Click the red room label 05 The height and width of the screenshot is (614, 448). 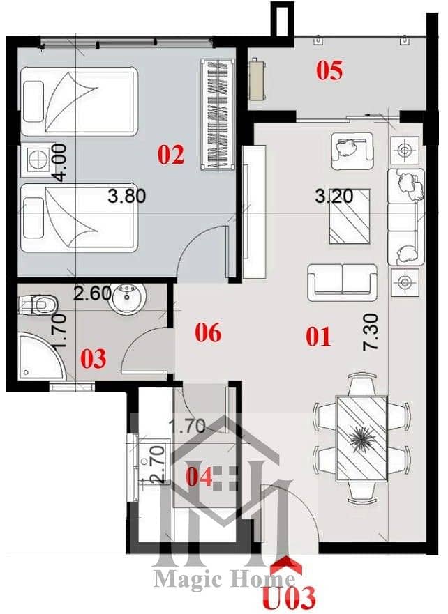click(x=329, y=71)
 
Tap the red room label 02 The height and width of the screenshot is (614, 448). click(x=171, y=155)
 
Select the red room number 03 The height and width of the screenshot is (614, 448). click(x=94, y=359)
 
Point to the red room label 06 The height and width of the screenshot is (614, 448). click(x=208, y=332)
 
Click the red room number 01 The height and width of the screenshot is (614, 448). click(x=318, y=337)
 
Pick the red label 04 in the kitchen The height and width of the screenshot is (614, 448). click(x=199, y=477)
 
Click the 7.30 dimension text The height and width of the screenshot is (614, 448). click(x=371, y=332)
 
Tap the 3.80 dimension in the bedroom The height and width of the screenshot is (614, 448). click(x=126, y=196)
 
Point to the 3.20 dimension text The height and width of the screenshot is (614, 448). click(x=334, y=196)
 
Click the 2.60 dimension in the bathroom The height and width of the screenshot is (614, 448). click(x=93, y=293)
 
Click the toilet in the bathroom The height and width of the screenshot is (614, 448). click(x=38, y=305)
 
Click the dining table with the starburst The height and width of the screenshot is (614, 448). click(x=361, y=438)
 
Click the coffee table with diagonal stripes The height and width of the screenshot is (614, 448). click(x=350, y=217)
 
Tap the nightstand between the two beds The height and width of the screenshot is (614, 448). click(x=36, y=160)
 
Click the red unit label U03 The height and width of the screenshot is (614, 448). click(x=290, y=597)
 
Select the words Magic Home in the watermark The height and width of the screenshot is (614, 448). click(x=224, y=579)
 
